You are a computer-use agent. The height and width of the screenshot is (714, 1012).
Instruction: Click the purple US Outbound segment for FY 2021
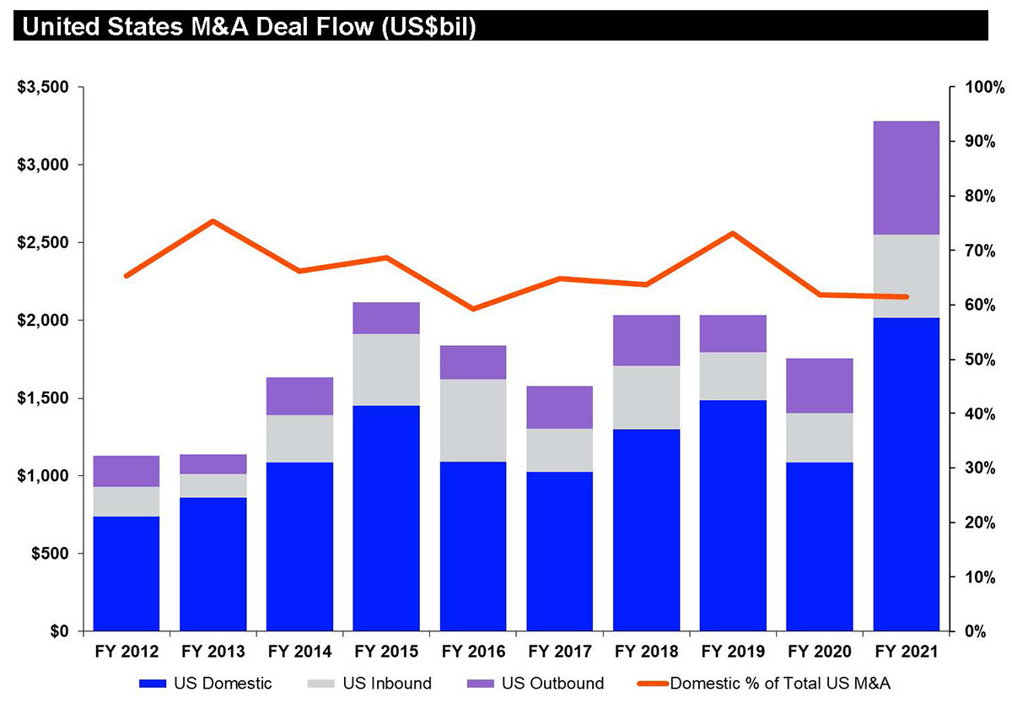pyautogui.click(x=907, y=177)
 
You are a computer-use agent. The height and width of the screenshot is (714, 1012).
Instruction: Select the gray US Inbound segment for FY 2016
pyautogui.click(x=473, y=420)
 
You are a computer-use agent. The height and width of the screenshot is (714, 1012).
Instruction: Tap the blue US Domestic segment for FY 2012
pyautogui.click(x=126, y=574)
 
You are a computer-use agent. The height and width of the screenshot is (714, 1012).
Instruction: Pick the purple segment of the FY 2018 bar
pyautogui.click(x=647, y=340)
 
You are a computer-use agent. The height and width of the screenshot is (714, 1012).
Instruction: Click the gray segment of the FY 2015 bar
pyautogui.click(x=386, y=370)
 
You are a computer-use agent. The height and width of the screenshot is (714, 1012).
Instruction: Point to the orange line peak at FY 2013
pyautogui.click(x=213, y=221)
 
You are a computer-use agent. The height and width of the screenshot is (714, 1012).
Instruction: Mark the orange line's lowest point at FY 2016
pyautogui.click(x=473, y=309)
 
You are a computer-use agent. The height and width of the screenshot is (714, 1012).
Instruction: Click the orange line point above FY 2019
pyautogui.click(x=734, y=233)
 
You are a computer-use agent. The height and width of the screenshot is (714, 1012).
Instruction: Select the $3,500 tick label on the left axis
pyautogui.click(x=44, y=88)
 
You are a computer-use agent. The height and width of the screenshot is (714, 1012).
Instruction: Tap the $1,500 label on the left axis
pyautogui.click(x=44, y=398)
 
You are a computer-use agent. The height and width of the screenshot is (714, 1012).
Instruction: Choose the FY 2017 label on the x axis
pyautogui.click(x=560, y=652)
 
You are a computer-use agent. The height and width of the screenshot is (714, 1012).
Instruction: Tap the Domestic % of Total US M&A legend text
pyautogui.click(x=780, y=684)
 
